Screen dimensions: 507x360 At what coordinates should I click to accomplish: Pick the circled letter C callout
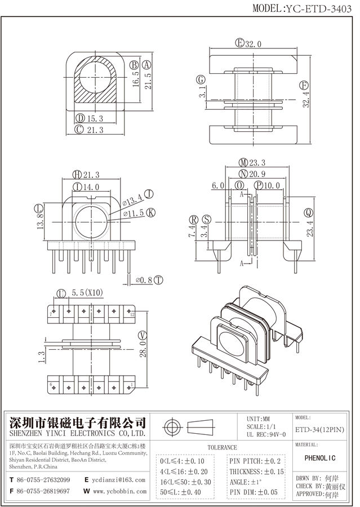[79, 130]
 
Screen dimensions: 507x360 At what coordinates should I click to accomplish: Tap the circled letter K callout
[150, 212]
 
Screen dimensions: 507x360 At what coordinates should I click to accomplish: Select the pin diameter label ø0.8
[145, 279]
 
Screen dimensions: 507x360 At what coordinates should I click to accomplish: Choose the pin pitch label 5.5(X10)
[88, 293]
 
